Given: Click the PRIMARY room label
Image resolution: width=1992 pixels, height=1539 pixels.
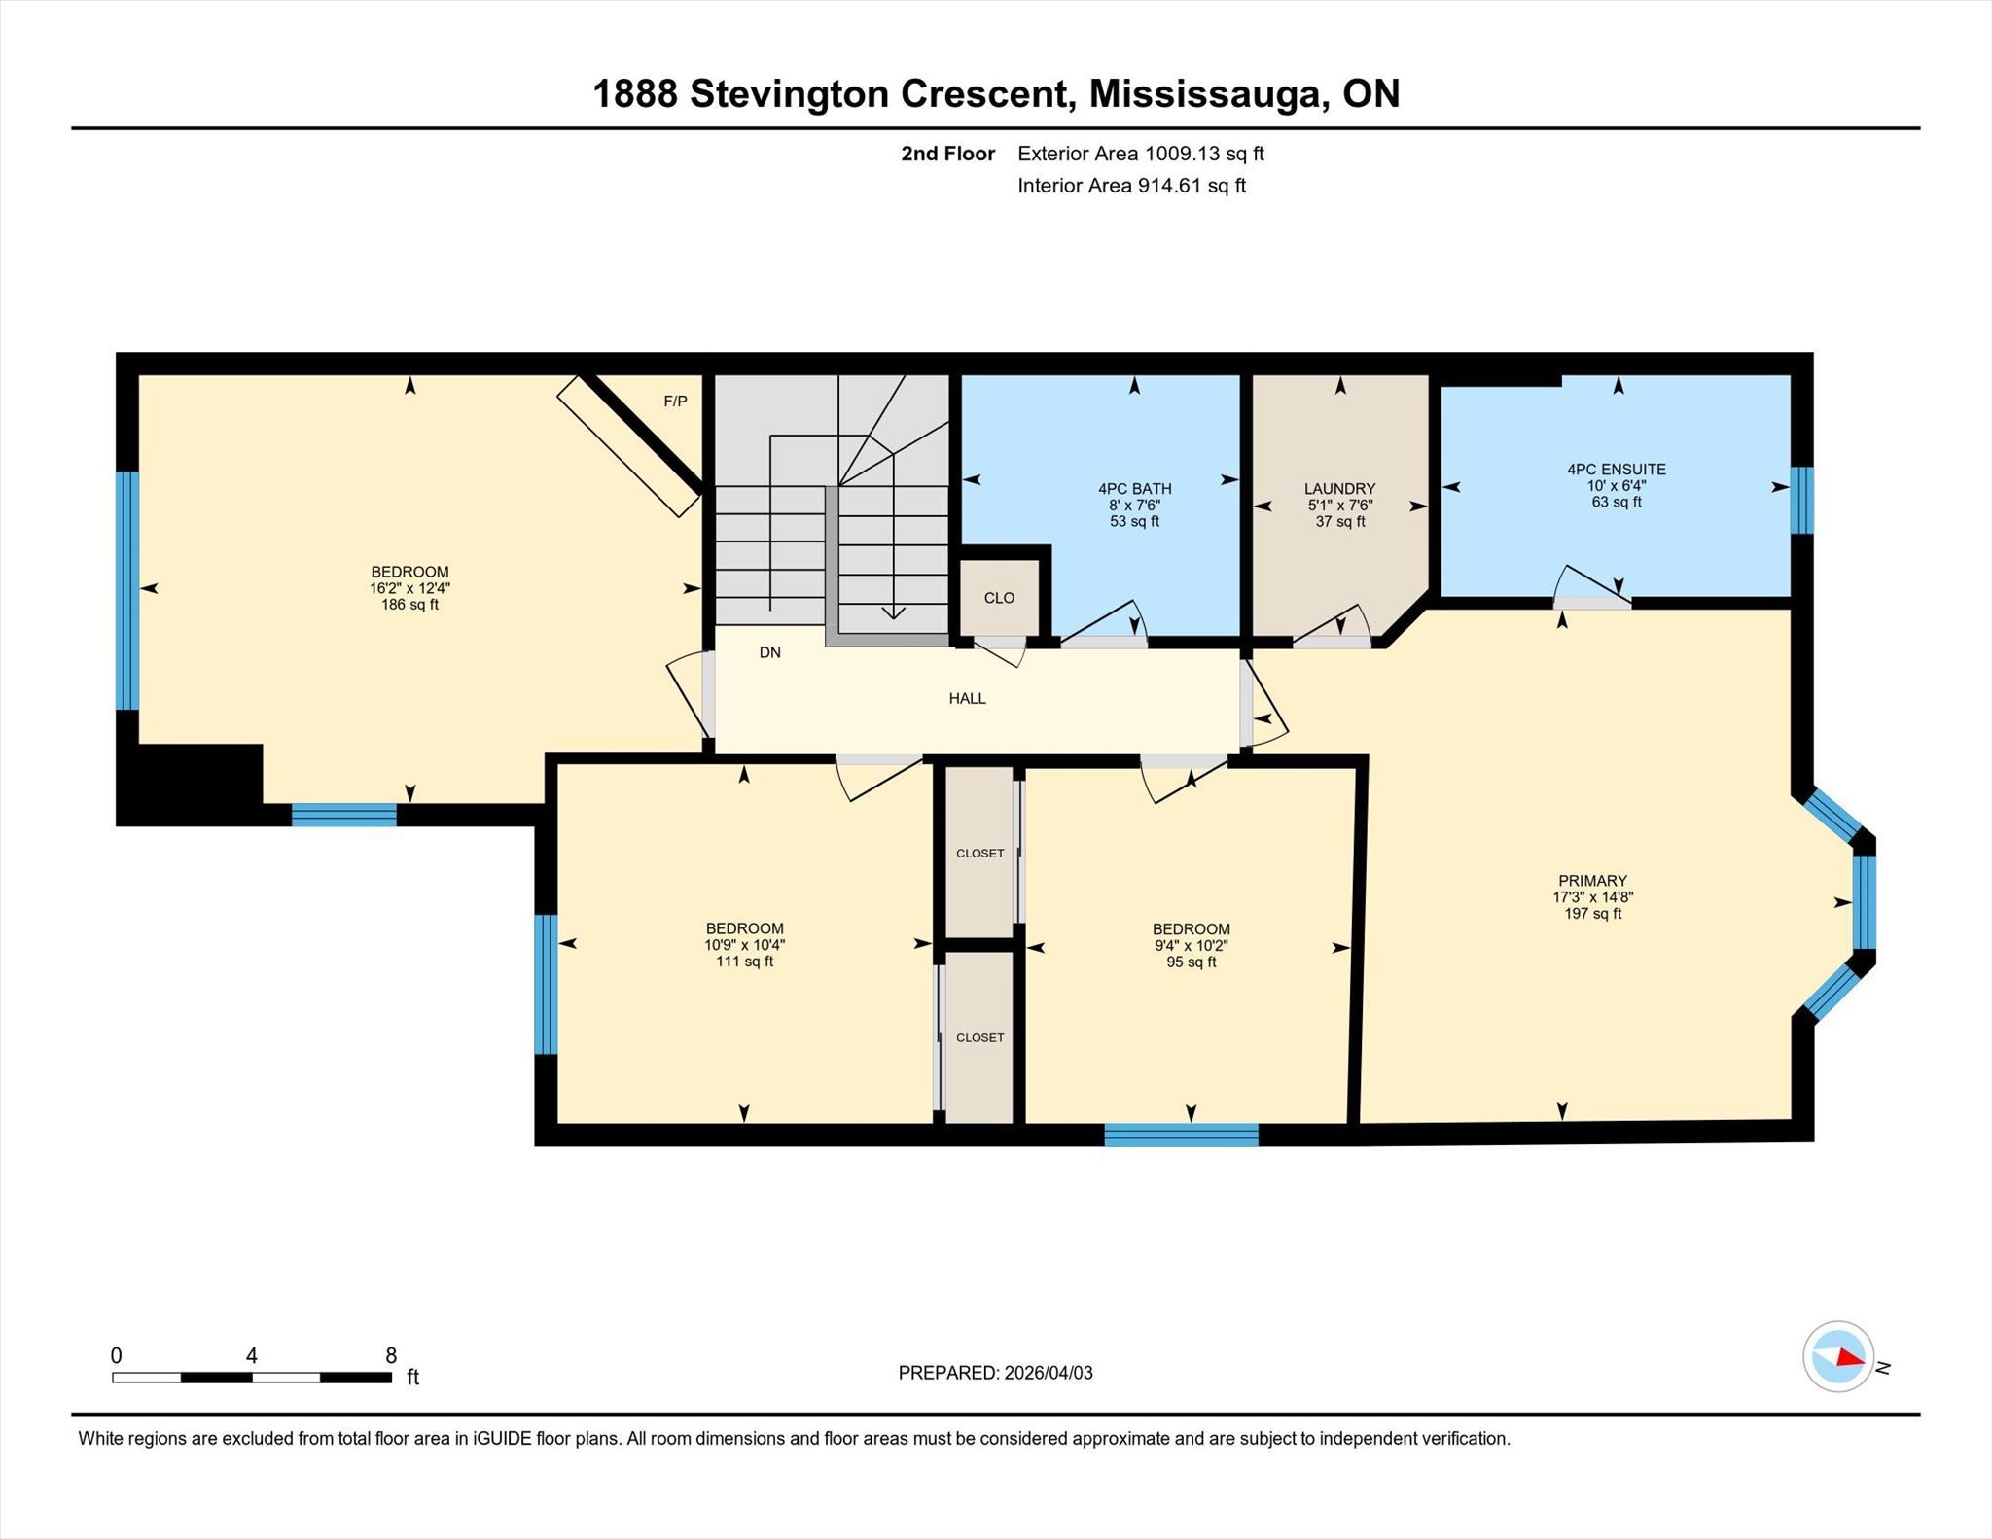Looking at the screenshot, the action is click(x=1591, y=881).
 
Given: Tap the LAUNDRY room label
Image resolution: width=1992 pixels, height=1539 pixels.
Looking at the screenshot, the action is click(x=1339, y=489).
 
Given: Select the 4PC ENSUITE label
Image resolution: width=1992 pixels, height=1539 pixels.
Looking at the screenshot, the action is click(x=1617, y=470).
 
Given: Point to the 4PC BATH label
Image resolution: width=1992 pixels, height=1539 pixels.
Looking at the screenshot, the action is click(x=1134, y=489).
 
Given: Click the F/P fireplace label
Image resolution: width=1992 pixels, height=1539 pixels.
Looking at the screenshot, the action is click(x=675, y=402).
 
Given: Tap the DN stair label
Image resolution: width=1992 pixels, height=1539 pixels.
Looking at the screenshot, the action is click(x=770, y=652).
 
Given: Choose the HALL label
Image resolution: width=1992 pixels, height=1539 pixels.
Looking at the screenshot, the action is click(x=967, y=698).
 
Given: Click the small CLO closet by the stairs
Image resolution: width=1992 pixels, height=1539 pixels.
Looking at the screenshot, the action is click(x=999, y=598).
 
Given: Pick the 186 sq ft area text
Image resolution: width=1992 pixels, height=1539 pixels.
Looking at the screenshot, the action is click(x=409, y=605).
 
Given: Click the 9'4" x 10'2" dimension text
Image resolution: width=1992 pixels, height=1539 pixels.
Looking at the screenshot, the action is click(x=1191, y=945).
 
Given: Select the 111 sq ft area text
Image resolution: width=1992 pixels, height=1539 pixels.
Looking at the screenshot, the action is click(x=744, y=962).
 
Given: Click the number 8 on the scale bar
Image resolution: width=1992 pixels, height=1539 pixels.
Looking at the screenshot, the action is click(x=391, y=1356).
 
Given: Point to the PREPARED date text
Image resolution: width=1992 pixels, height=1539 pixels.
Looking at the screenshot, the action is click(x=995, y=1373).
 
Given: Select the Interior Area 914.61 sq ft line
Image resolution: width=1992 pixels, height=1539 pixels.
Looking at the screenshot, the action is click(x=1131, y=186).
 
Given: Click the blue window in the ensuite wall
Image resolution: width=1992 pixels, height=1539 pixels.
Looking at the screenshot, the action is click(x=1802, y=501).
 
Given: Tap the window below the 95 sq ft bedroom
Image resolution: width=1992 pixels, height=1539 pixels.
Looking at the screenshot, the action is click(x=1181, y=1135).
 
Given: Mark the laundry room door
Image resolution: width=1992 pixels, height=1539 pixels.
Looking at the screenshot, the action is click(x=1332, y=626).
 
